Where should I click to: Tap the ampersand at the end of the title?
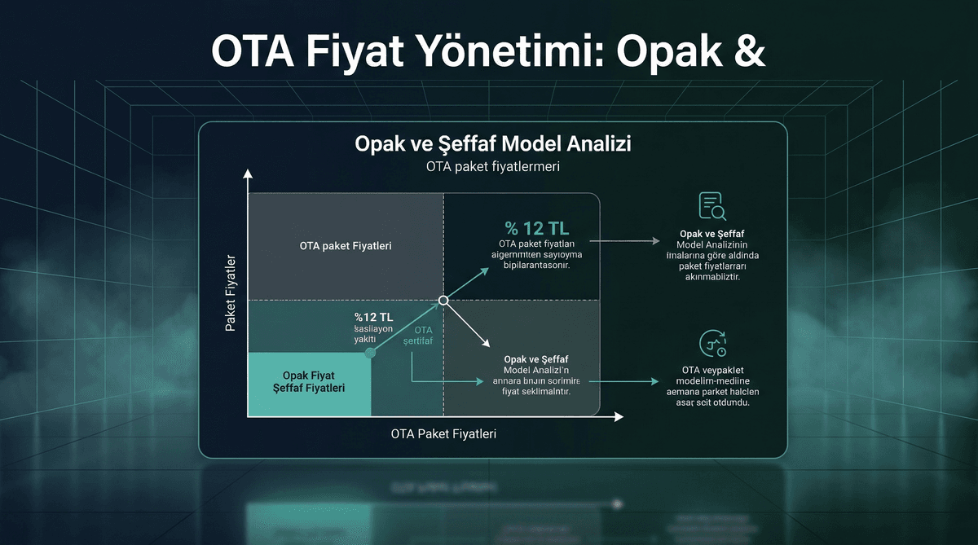[747, 51]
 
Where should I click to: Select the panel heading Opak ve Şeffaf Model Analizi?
[493, 144]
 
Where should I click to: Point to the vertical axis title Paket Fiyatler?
[231, 293]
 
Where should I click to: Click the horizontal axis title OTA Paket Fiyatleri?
[443, 433]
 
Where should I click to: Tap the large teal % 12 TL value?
[536, 227]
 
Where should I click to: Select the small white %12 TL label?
[373, 316]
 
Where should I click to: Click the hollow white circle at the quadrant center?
[443, 301]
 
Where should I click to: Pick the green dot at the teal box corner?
[371, 353]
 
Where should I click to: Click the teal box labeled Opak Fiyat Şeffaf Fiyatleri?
[309, 381]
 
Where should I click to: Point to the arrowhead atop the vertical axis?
[248, 174]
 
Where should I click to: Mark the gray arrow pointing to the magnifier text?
[628, 241]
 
